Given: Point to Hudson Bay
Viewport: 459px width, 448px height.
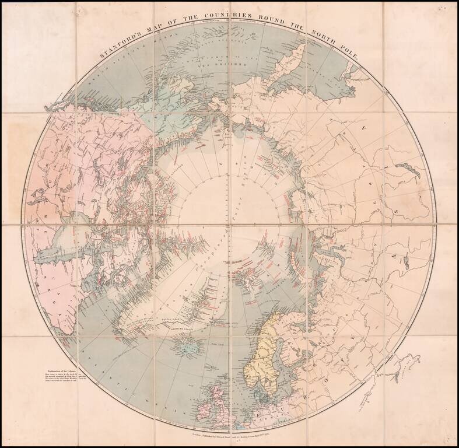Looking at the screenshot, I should pos(64,245).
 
